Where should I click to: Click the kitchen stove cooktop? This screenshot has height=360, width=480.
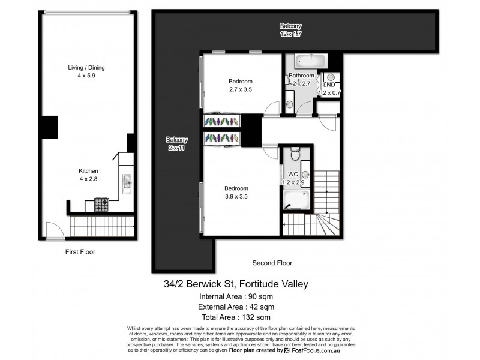pos(102,206)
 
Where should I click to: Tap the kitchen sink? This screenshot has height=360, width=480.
pos(127,182)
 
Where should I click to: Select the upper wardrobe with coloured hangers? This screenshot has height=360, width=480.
pos(221,121)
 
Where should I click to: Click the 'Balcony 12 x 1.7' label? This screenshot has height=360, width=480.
pos(290,30)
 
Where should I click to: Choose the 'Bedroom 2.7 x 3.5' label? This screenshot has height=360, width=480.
pos(240,85)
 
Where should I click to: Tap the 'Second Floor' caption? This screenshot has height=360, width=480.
pos(272,263)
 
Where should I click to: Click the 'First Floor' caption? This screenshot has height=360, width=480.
pos(80,252)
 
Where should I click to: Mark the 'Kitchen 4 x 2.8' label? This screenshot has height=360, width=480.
pos(88,175)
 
